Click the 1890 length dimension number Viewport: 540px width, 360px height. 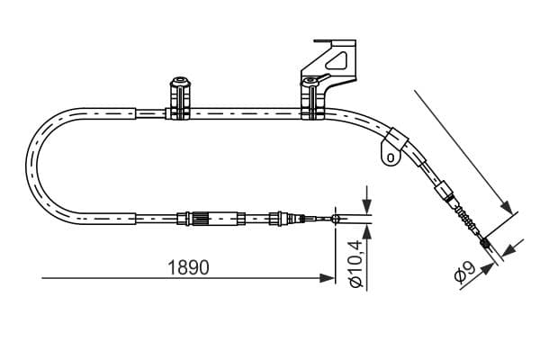point(188,267)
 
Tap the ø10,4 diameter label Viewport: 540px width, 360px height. point(355,263)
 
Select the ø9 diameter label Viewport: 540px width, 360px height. point(464,271)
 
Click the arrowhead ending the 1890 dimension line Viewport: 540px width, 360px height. point(327,278)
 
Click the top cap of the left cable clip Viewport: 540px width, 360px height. point(181,82)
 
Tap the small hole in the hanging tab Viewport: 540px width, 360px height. point(391,158)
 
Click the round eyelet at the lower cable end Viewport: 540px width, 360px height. point(336,219)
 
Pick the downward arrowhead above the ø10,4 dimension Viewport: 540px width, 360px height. point(367,206)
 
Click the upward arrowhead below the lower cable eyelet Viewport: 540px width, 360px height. point(367,232)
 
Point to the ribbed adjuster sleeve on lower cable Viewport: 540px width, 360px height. point(200,219)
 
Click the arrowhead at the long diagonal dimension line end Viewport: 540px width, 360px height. point(507,207)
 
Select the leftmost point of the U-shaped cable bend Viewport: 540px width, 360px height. point(26,166)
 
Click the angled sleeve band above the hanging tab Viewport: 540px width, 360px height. point(397,139)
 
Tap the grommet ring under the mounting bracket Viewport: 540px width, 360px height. point(310,82)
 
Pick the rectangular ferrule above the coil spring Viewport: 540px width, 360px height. point(444,190)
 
